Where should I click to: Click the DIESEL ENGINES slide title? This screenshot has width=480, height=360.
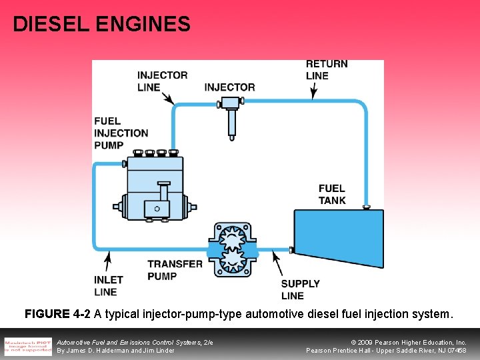[x=101, y=25]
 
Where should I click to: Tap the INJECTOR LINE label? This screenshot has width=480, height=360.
[x=162, y=81]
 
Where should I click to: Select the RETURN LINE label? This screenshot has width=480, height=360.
[x=327, y=69]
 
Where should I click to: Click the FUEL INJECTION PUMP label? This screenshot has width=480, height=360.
[x=121, y=133]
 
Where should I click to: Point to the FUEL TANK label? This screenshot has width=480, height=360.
[x=331, y=194]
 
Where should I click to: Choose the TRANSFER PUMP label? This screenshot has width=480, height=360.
[x=175, y=269]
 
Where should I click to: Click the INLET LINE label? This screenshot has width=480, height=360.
[x=109, y=285]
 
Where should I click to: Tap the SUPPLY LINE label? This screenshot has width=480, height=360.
[x=300, y=289]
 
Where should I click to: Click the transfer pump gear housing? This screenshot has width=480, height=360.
[x=233, y=249]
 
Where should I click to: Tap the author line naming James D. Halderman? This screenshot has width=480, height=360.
[x=115, y=350]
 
